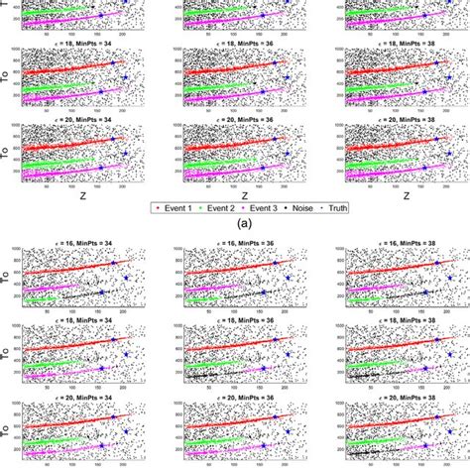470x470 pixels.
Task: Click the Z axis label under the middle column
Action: pyautogui.click(x=243, y=196)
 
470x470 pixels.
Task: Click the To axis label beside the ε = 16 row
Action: pyautogui.click(x=8, y=281)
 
